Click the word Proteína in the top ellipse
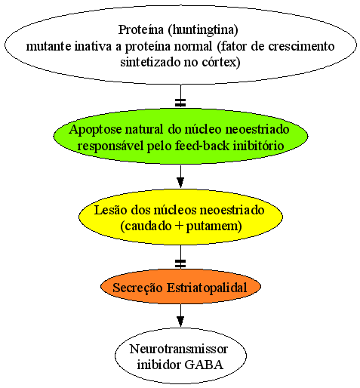pyautogui.click(x=141, y=29)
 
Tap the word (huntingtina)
pyautogui.click(x=203, y=30)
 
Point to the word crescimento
pyautogui.click(x=301, y=46)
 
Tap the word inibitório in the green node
pyautogui.click(x=259, y=146)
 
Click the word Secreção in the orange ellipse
pyautogui.click(x=137, y=288)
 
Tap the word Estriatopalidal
pyautogui.click(x=207, y=288)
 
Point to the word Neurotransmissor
pyautogui.click(x=179, y=349)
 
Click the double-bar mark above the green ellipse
pyautogui.click(x=180, y=103)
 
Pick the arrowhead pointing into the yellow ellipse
pyautogui.click(x=180, y=183)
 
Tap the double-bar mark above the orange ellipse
pyautogui.click(x=180, y=263)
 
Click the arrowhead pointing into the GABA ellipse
pyautogui.click(x=180, y=322)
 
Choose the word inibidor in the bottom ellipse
pyautogui.click(x=158, y=365)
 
